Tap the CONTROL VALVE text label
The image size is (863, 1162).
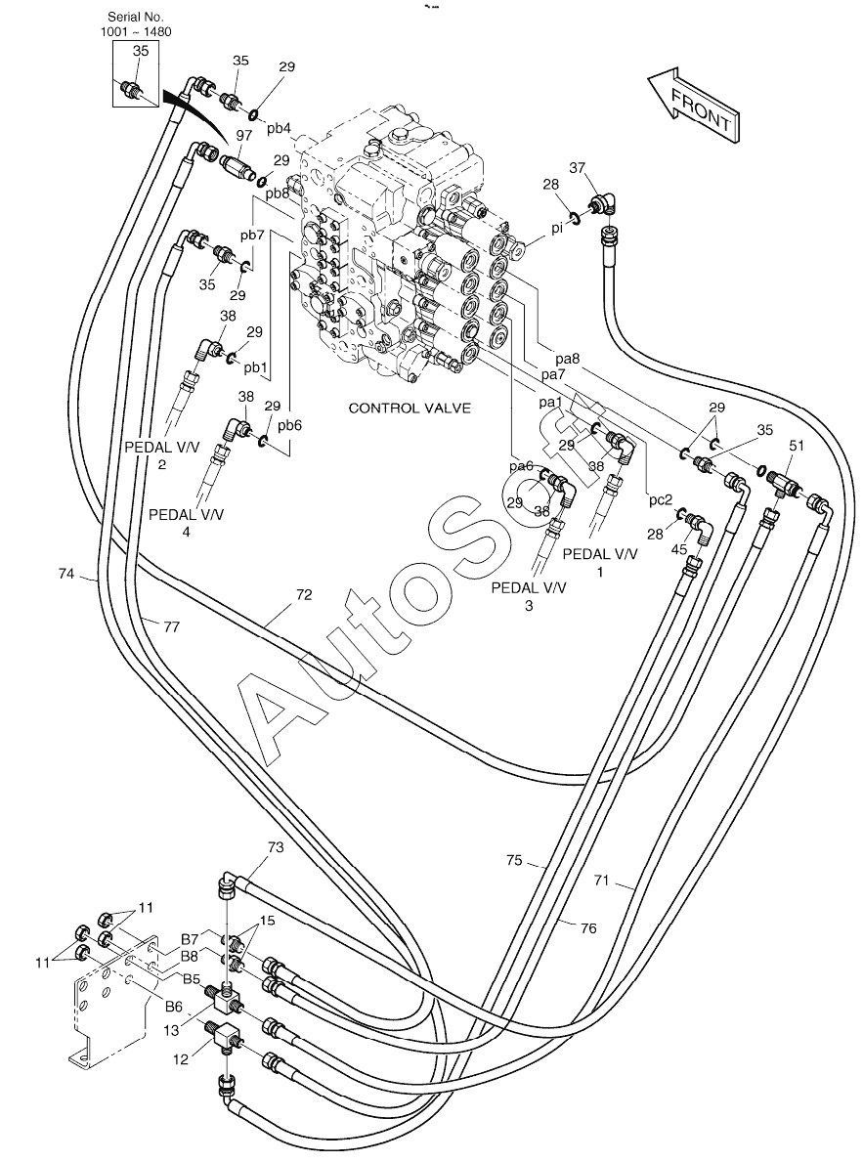point(410,408)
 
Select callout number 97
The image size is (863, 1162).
point(244,135)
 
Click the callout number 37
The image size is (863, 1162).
point(578,168)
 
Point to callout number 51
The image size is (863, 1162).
point(797,446)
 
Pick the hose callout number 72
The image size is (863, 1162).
point(304,594)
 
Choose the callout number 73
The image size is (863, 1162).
point(275,847)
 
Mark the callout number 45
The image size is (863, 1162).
point(679,549)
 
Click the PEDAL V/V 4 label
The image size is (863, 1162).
point(186,523)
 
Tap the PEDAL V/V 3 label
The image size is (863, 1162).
point(529,596)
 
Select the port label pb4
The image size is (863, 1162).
point(279,129)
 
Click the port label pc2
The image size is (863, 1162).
point(661,500)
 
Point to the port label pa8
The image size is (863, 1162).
point(567,359)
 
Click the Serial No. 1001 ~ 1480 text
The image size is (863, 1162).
point(136,23)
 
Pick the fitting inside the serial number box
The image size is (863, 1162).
point(134,89)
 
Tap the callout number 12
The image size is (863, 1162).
point(181,1059)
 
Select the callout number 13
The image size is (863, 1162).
point(171,1030)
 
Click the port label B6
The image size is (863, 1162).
point(174,1006)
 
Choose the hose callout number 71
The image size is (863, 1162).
point(601,881)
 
